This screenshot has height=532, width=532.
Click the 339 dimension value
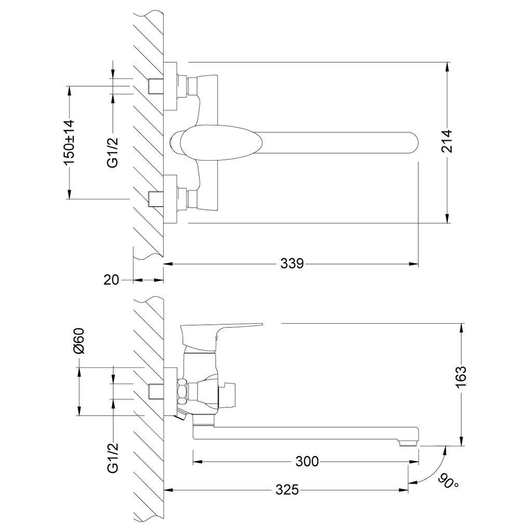292,264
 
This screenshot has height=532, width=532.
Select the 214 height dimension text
447,141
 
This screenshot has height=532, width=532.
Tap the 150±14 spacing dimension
69,142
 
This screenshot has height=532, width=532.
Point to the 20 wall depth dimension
111,280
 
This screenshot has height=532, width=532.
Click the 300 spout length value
307,461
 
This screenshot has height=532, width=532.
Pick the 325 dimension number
287,489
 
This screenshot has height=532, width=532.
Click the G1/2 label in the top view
113,152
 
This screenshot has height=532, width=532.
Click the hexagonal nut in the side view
182,391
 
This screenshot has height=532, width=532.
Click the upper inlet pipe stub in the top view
155,86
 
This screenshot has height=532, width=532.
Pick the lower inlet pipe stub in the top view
155,198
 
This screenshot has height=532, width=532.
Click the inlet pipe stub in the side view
155,391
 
